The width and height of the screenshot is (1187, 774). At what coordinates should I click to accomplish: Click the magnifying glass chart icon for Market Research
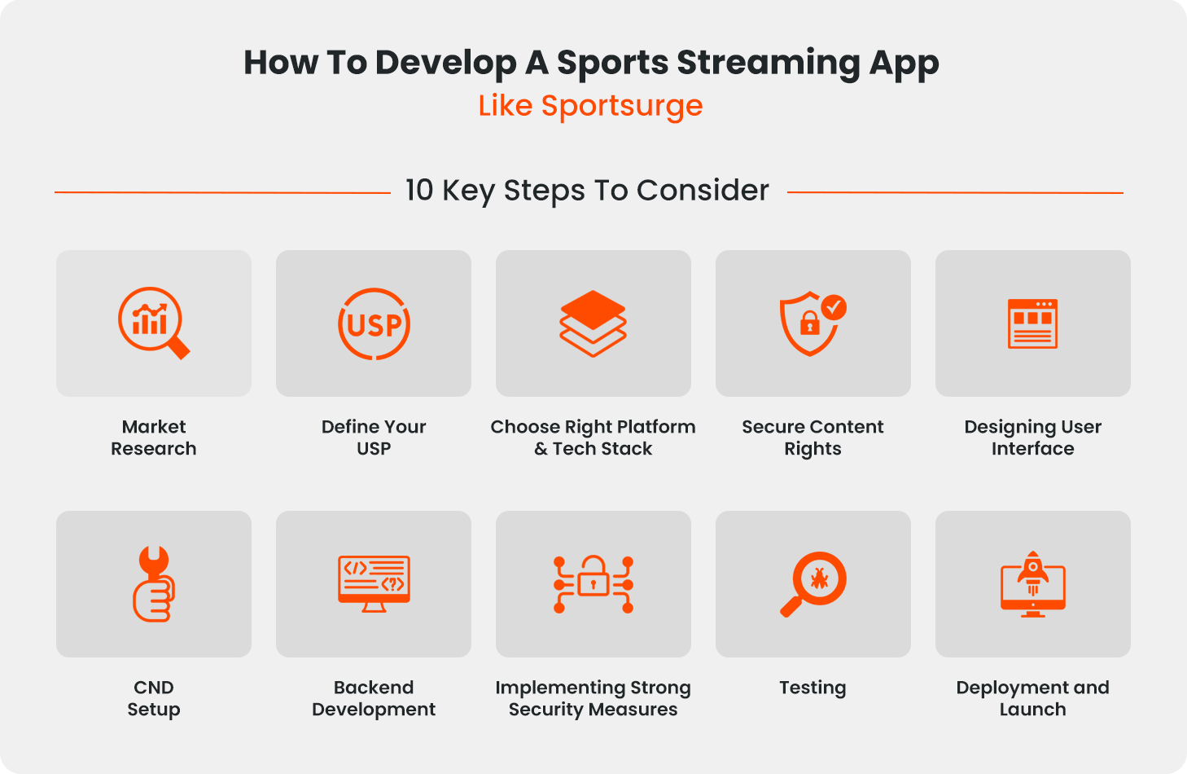pos(151,321)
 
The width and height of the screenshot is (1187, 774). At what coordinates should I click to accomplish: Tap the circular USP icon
pos(374,324)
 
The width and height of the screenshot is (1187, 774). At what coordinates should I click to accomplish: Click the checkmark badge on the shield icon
pos(834,307)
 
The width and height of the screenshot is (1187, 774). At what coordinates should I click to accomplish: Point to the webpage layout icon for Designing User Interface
pos(1032,323)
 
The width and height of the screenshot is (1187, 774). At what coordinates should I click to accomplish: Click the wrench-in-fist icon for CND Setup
pos(154,583)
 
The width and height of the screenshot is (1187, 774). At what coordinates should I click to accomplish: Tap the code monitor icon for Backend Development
pos(374,583)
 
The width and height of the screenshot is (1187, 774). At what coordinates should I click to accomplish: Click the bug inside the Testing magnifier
pos(819,578)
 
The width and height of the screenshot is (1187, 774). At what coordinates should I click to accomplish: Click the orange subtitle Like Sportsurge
pos(590,106)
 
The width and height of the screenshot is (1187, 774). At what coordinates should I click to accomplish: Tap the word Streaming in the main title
pos(769,64)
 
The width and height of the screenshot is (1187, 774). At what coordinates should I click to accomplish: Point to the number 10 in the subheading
pos(420,190)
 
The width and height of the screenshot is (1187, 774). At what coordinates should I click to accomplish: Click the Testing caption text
pos(813,688)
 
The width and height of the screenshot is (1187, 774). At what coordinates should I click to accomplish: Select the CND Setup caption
pos(154,698)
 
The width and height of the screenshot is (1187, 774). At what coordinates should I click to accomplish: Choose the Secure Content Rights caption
pos(813,438)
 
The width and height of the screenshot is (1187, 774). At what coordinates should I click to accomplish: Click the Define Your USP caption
pos(374,438)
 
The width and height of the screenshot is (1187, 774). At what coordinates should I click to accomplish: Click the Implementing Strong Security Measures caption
pos(593,698)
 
